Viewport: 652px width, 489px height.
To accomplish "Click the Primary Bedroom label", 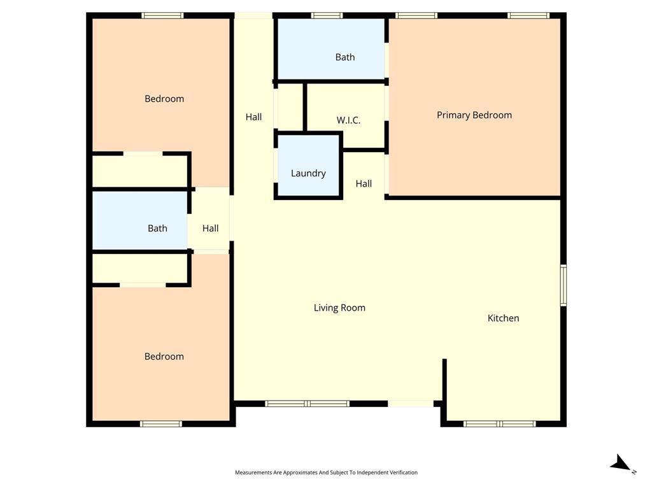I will [x=474, y=115].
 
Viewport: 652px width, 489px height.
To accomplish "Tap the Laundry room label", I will [x=308, y=173].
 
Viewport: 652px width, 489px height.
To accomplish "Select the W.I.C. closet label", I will [x=348, y=120].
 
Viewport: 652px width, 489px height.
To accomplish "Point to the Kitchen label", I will [x=503, y=318].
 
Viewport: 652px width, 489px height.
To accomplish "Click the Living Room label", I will [x=339, y=308].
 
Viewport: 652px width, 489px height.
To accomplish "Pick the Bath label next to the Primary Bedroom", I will [x=345, y=57].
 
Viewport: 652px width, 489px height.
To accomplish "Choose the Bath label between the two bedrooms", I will [x=157, y=228].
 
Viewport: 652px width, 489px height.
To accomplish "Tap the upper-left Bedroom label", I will [x=164, y=99].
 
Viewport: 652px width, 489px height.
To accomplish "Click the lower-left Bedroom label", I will [x=164, y=357].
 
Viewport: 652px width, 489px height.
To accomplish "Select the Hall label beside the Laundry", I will [x=253, y=117].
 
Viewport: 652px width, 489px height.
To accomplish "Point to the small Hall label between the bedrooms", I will [x=210, y=228].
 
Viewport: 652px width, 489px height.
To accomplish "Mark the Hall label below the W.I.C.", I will [x=364, y=183].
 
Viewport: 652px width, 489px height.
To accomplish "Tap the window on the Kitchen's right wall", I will [x=563, y=286].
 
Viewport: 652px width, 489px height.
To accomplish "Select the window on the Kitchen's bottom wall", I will [x=500, y=423].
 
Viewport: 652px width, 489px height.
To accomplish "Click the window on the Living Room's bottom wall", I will [x=308, y=404].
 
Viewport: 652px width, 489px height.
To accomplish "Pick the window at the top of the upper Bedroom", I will [x=162, y=15].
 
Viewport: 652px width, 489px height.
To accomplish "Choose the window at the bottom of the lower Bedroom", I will [x=160, y=423].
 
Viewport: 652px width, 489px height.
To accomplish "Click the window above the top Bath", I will [x=327, y=15].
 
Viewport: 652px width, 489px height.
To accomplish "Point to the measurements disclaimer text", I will [x=326, y=472].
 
